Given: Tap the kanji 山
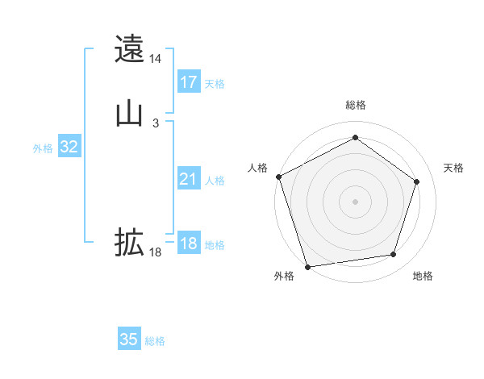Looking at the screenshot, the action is [129, 114].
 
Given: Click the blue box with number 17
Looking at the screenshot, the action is [189, 82].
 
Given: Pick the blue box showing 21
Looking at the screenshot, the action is [189, 179].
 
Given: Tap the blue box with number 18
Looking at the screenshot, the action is [189, 244].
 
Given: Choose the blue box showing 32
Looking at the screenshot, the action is [69, 147].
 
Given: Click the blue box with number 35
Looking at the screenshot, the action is [129, 339].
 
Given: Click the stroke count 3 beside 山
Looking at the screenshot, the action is [156, 123].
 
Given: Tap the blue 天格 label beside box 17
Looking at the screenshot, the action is [215, 84].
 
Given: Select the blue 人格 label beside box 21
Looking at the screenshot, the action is [215, 181].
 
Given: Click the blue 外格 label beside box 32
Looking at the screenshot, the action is [43, 148].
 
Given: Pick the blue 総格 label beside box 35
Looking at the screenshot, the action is [155, 341].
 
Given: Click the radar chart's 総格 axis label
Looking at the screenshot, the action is [356, 105].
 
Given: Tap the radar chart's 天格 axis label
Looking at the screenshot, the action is [454, 168].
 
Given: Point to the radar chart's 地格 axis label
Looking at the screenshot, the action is [423, 276].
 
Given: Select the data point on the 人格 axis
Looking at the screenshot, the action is [278, 177].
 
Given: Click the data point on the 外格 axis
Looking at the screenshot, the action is [307, 266].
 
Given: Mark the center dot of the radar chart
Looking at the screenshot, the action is [355, 201].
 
